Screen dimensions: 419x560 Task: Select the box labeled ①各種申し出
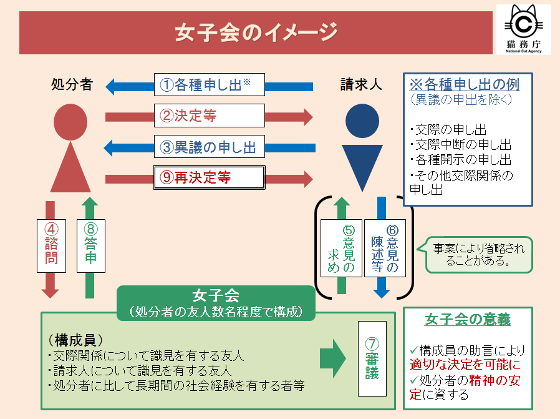(210, 85)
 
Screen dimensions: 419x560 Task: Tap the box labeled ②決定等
(210, 116)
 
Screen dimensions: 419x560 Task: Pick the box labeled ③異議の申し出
(210, 147)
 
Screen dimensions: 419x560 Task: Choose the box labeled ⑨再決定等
(210, 178)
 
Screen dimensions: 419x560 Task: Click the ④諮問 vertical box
(51, 245)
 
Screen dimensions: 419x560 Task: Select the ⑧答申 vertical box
(90, 245)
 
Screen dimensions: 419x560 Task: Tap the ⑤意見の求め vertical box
(340, 248)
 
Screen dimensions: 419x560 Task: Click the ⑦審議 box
(372, 359)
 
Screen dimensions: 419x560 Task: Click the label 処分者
(72, 84)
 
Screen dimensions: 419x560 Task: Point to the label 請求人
(361, 84)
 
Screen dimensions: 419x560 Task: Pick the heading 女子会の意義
(468, 320)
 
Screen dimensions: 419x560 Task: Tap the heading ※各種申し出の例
(464, 84)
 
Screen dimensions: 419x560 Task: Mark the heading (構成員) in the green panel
(75, 341)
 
